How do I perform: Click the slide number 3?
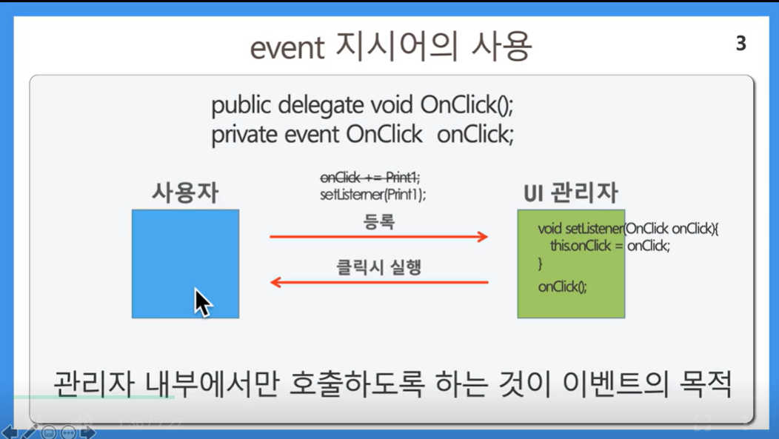(740, 44)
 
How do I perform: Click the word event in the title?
(287, 48)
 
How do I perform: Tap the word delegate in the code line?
(321, 106)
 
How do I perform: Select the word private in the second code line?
(244, 135)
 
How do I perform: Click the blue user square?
(185, 264)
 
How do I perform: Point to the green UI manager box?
(571, 264)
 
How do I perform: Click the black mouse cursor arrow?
(203, 303)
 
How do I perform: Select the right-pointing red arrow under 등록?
(379, 236)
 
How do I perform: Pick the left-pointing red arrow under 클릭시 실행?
(379, 283)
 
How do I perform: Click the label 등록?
(379, 221)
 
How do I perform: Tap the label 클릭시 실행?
(379, 267)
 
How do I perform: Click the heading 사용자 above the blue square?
(185, 192)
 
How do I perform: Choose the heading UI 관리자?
(571, 192)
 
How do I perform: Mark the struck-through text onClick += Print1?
(370, 177)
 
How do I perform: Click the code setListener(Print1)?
(373, 194)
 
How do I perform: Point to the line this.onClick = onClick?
(610, 245)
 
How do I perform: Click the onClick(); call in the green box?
(562, 286)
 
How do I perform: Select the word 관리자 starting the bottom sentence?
(93, 383)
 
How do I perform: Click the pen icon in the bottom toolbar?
(29, 432)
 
